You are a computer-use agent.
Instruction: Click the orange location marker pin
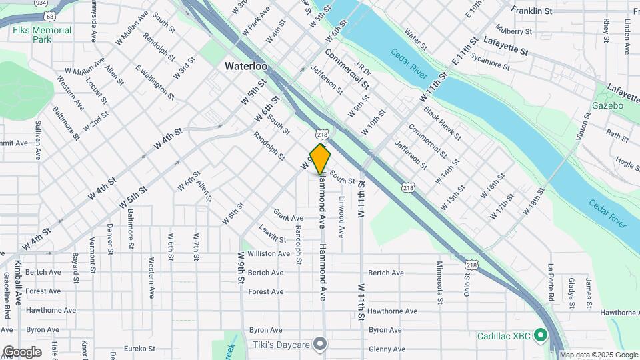click(x=320, y=159)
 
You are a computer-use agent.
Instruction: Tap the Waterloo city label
click(x=246, y=66)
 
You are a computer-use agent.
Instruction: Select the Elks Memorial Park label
click(x=41, y=35)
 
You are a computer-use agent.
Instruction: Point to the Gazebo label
click(x=607, y=105)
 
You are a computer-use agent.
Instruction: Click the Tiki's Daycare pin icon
click(x=321, y=344)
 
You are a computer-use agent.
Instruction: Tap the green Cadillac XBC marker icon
click(x=541, y=335)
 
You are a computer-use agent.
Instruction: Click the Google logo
click(x=21, y=352)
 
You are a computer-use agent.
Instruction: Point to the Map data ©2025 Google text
click(x=598, y=355)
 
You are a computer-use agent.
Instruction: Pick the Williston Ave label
click(x=269, y=253)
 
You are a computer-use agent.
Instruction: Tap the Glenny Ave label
click(x=387, y=349)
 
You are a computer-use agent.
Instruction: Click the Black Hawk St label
click(x=442, y=123)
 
